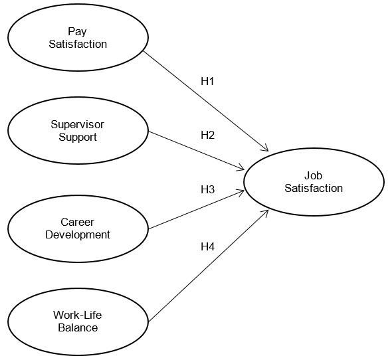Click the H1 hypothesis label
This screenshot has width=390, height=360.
coord(208,82)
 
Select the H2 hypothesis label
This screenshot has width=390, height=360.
coord(208,135)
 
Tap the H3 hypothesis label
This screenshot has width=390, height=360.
coord(208,189)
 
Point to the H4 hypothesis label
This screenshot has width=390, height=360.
coord(208,247)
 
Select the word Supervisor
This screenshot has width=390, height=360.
coord(78,125)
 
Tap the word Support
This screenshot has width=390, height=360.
coord(78,137)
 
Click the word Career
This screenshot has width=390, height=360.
coord(78,222)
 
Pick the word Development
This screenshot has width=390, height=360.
coord(78,234)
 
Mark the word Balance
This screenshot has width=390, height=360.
coord(78,328)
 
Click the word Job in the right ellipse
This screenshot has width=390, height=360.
coord(314,176)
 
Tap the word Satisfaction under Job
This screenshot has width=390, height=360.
coord(314,189)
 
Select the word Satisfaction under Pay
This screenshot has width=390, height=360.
coord(78,45)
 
